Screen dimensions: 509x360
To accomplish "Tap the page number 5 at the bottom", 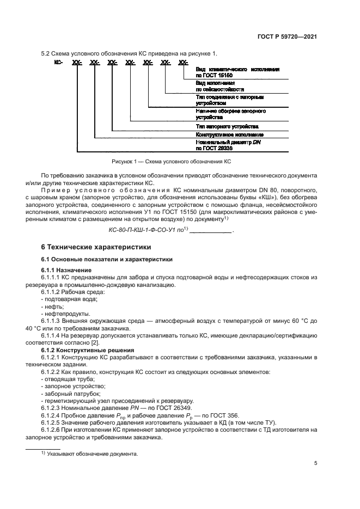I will [315, 463].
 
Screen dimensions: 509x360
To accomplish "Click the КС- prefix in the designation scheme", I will [58, 64].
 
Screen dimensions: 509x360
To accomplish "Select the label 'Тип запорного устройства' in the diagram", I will [221, 126].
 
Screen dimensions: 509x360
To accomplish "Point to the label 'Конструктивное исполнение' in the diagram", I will [229, 134].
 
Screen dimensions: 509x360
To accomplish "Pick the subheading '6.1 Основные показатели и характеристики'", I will [107, 259].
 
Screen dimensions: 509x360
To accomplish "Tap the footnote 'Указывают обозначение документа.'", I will [93, 453].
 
